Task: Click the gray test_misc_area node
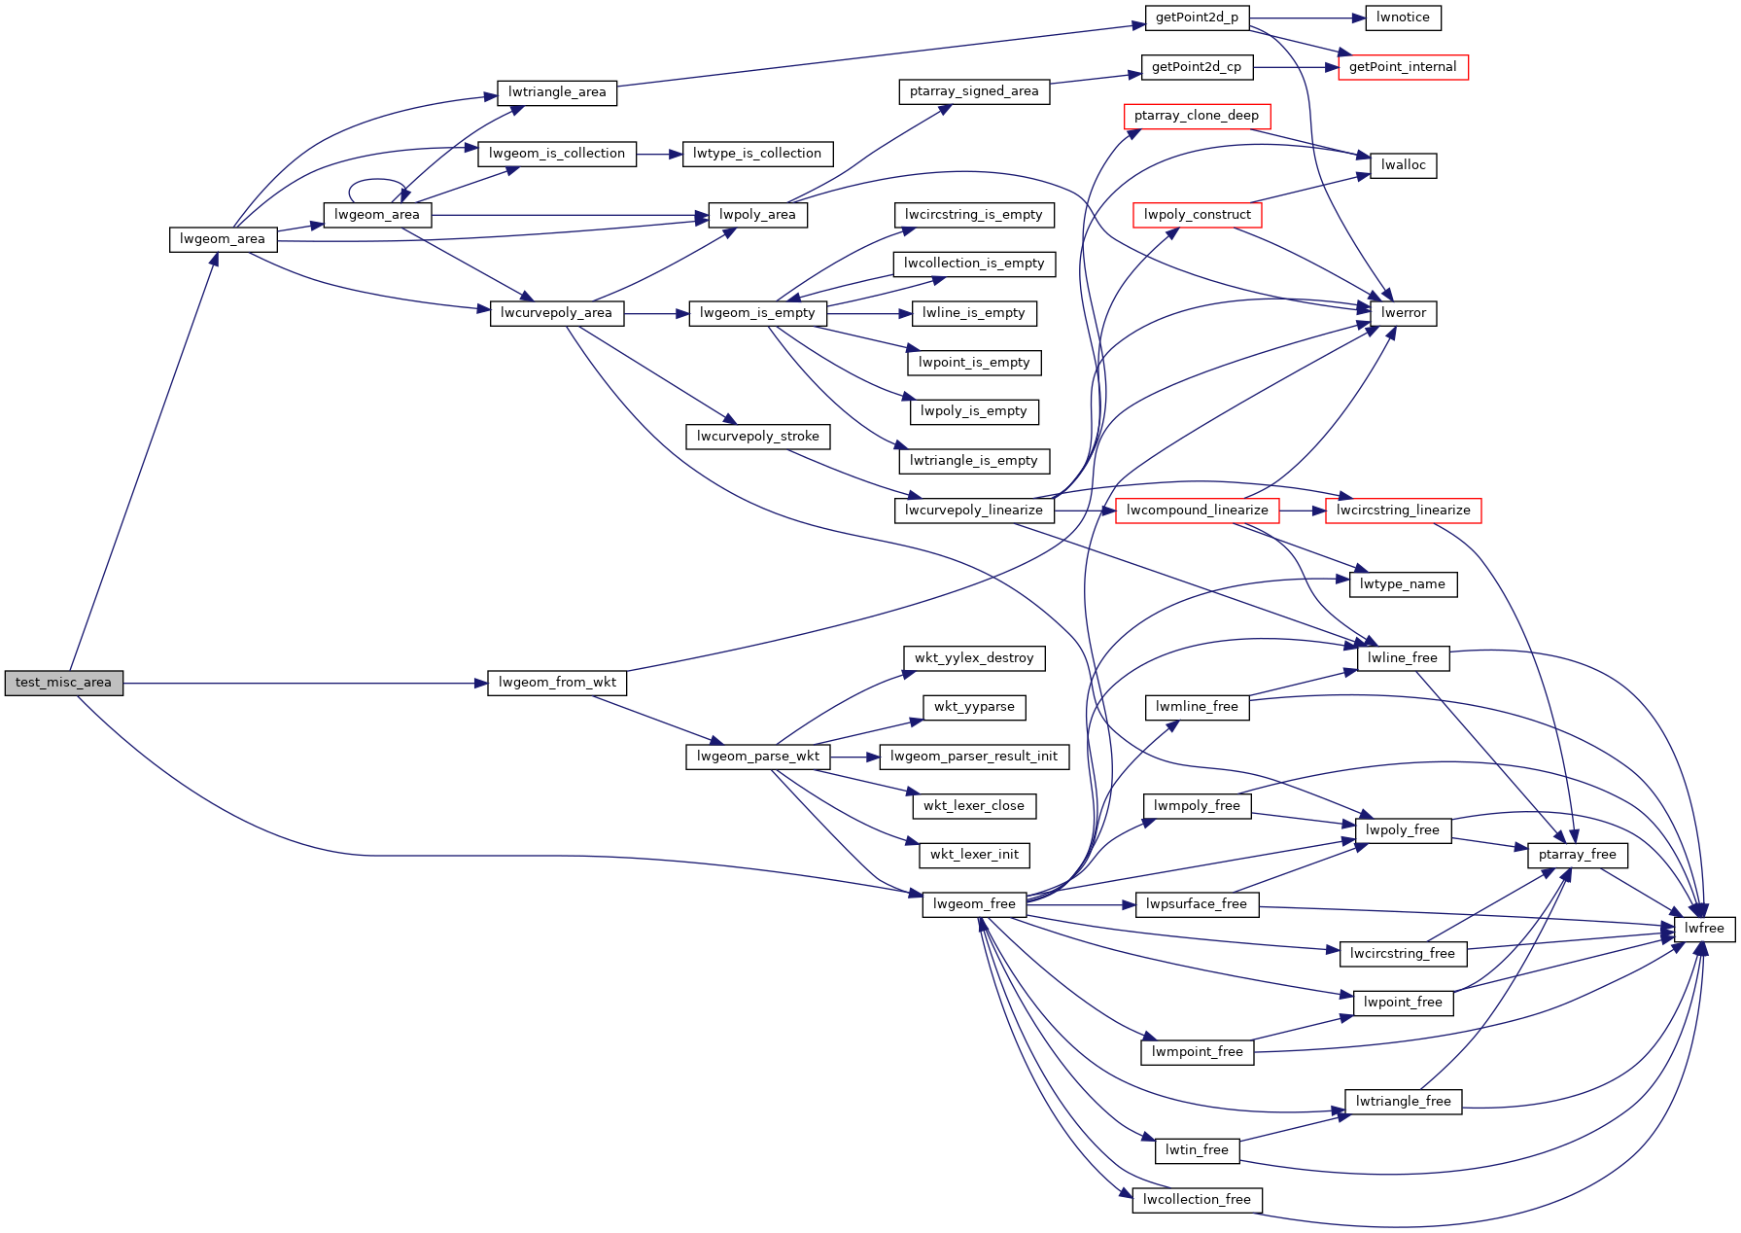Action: coord(63,683)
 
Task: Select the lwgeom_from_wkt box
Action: coord(557,683)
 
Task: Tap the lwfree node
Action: coord(1703,929)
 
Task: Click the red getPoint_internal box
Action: coord(1402,67)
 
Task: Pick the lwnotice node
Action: coord(1402,18)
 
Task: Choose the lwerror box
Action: coord(1403,313)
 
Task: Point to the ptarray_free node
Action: coord(1577,855)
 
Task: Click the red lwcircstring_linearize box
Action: coord(1402,511)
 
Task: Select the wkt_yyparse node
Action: coord(973,707)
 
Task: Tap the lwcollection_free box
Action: coord(1196,1200)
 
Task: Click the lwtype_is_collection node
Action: coord(756,154)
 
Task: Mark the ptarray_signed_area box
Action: coord(973,91)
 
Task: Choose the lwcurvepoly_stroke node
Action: coord(757,437)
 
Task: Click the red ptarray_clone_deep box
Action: coord(1196,116)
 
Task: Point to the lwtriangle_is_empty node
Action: coord(973,461)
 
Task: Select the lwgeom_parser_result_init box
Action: coord(973,757)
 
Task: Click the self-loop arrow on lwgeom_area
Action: coord(377,181)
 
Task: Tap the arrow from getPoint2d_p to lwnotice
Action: coord(1307,18)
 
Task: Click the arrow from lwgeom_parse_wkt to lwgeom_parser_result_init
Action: coord(854,757)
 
